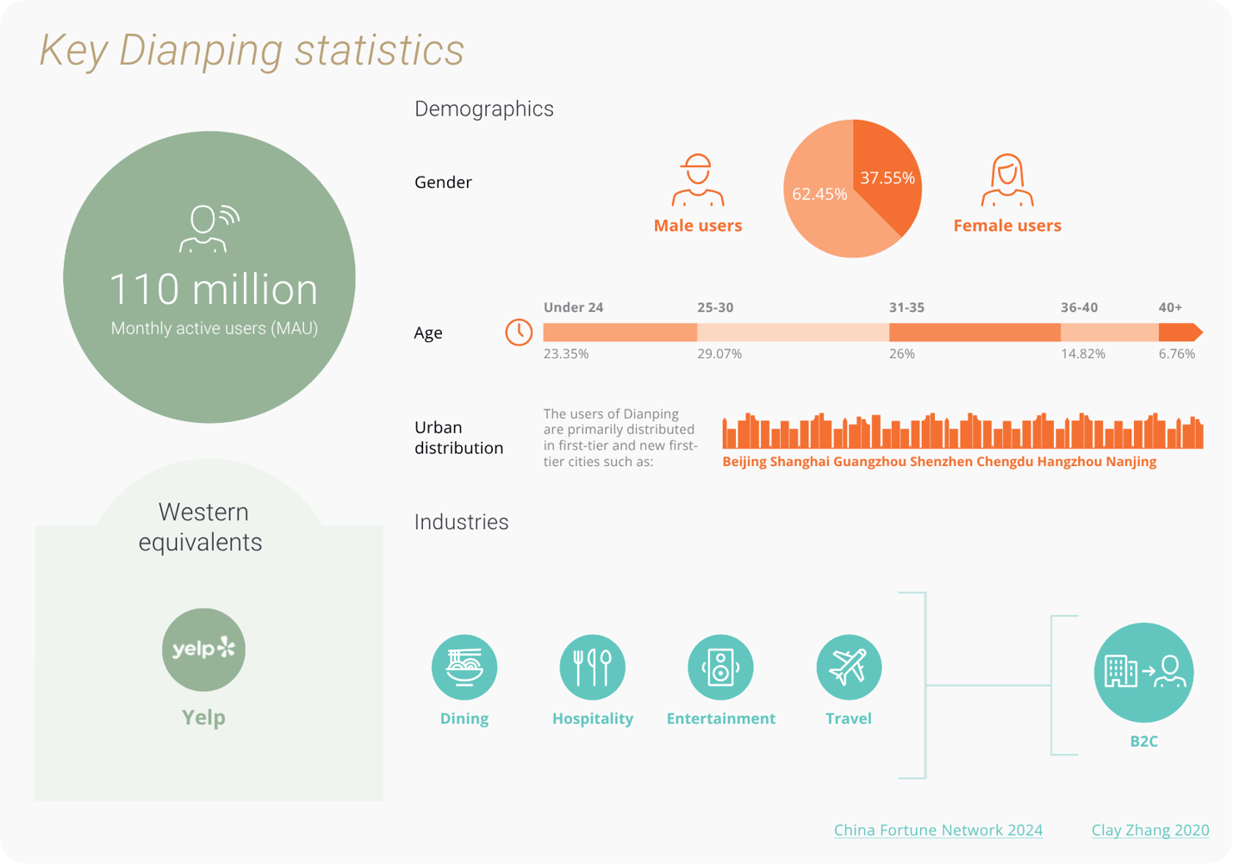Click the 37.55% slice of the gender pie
887,177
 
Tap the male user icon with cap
697,180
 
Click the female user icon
1006,180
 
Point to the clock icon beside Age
519,333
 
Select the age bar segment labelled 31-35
974,333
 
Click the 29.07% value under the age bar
719,354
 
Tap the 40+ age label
1170,308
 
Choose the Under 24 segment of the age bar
620,333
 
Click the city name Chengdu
1005,462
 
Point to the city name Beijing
744,462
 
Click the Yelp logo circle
204,650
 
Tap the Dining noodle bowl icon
464,667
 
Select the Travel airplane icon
849,667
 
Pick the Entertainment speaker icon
720,667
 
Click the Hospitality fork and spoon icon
592,667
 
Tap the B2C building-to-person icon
1143,672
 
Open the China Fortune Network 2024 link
937,830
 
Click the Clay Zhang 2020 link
1149,830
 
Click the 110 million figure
213,289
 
